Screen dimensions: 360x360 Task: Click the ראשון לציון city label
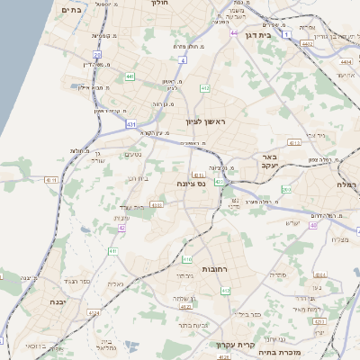pos(203,121)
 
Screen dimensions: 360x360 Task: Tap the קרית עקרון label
pos(237,345)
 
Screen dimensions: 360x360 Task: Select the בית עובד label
pos(133,207)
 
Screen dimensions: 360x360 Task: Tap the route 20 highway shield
pos(97,55)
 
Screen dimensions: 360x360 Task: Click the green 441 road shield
pos(130,76)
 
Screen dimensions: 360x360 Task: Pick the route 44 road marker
pos(234,33)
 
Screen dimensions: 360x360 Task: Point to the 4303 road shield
pos(157,205)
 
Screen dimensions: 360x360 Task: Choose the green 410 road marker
pos(112,251)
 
